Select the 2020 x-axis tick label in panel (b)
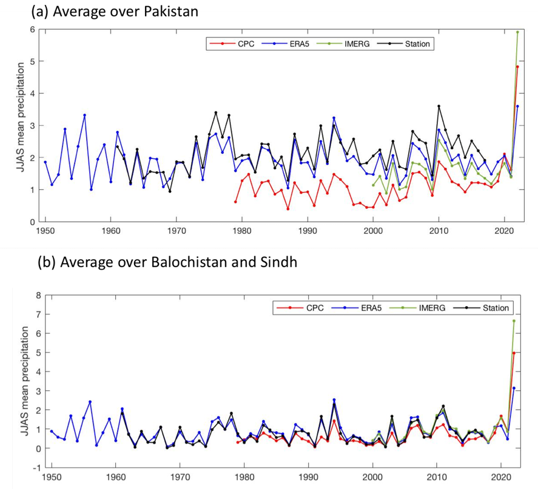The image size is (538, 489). click(502, 477)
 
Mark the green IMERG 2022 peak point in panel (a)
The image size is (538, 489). click(517, 32)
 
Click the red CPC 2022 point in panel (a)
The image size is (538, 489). click(517, 67)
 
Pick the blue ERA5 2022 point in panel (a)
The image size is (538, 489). click(517, 106)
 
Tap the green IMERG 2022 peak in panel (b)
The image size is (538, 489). click(514, 321)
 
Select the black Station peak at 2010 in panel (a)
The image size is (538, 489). click(439, 106)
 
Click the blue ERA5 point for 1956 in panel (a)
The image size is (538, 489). click(84, 115)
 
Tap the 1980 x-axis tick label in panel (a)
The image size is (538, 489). click(242, 230)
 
